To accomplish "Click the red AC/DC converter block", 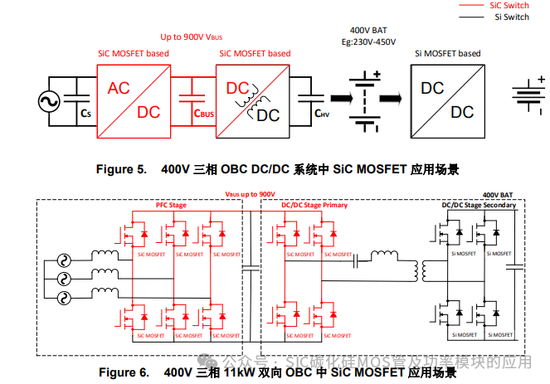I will coord(134,100).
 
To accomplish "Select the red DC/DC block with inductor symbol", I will coord(252,100).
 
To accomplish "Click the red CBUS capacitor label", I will coord(204,113).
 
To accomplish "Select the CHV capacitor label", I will coord(323,113).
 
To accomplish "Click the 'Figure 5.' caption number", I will coord(121,169).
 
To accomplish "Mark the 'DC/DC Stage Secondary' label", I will coord(479,205).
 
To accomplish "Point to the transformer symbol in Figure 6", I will coord(430,270).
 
